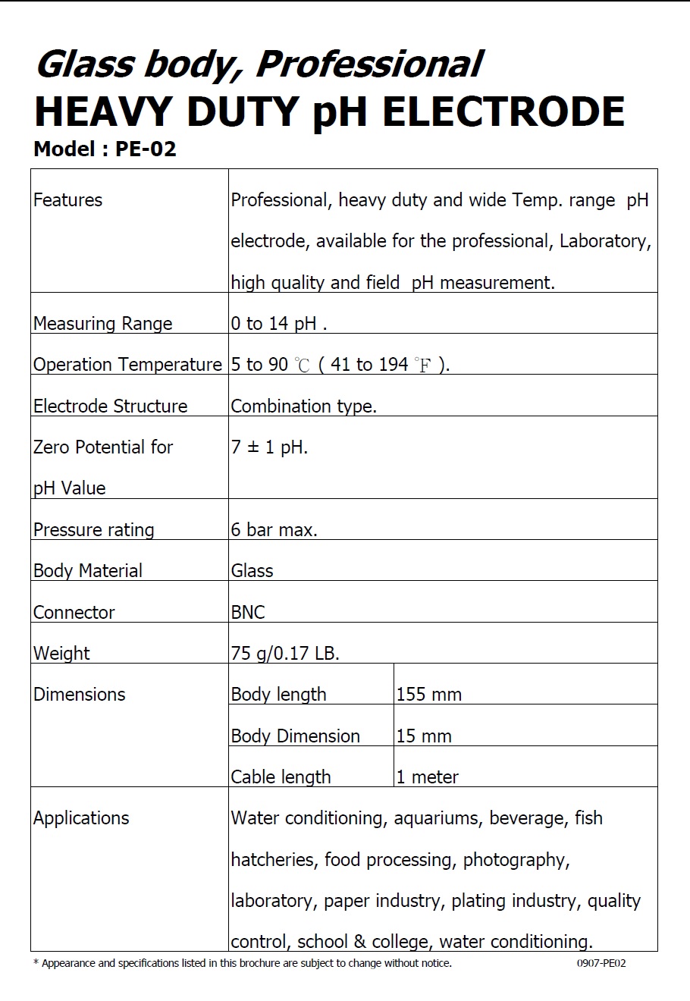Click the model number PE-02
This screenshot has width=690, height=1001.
[x=146, y=149]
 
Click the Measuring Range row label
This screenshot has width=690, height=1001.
[x=102, y=324]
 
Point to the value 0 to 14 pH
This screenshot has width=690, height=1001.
[x=278, y=324]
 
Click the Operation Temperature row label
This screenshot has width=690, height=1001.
[x=127, y=365]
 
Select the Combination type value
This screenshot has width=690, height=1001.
[x=303, y=406]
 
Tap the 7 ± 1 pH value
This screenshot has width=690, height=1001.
[x=269, y=447]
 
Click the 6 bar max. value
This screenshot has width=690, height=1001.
[x=274, y=530]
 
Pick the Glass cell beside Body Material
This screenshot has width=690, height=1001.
[x=252, y=571]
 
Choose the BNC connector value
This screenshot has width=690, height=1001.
[x=248, y=612]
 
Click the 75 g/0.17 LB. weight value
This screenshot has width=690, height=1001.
[x=285, y=653]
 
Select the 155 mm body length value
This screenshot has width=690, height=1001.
[x=428, y=695]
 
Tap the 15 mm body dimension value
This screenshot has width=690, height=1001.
[x=424, y=736]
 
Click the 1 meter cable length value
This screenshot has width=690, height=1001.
[x=428, y=777]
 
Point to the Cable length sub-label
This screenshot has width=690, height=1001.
[x=281, y=777]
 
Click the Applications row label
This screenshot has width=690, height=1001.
[x=81, y=818]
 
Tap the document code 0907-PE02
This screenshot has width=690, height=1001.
[x=601, y=964]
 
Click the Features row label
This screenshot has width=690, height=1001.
[x=67, y=200]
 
